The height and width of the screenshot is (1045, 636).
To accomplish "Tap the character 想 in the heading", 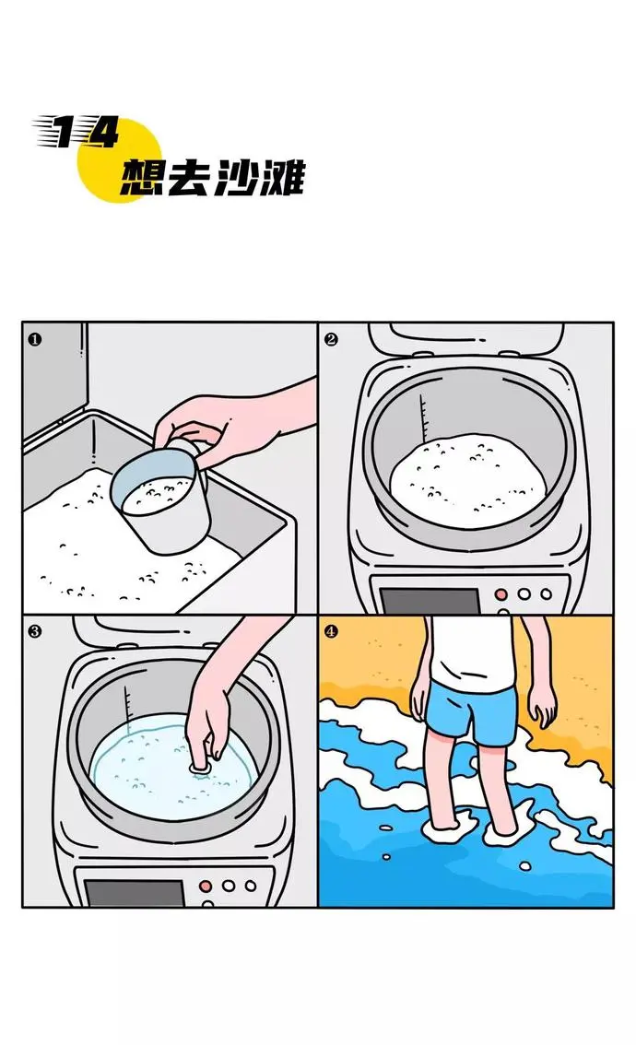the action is (x=141, y=177).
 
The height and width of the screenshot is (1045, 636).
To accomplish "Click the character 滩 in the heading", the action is (x=282, y=177).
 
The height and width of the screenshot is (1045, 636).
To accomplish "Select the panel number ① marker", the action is (x=35, y=340).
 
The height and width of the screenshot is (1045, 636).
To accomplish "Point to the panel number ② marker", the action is (x=331, y=340).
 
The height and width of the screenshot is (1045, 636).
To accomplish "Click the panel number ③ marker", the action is (x=35, y=630).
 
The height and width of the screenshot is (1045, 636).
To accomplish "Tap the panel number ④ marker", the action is (x=331, y=630).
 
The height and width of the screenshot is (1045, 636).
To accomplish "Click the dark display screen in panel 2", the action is (x=430, y=601).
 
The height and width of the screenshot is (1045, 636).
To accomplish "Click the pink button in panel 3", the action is (x=206, y=886).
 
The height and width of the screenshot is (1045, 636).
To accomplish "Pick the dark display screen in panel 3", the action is (x=134, y=893).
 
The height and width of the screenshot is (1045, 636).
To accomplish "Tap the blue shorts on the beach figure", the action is (x=472, y=714).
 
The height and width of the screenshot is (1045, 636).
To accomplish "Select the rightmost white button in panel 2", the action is (x=547, y=593).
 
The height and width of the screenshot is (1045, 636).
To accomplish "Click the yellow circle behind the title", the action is (x=120, y=160).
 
